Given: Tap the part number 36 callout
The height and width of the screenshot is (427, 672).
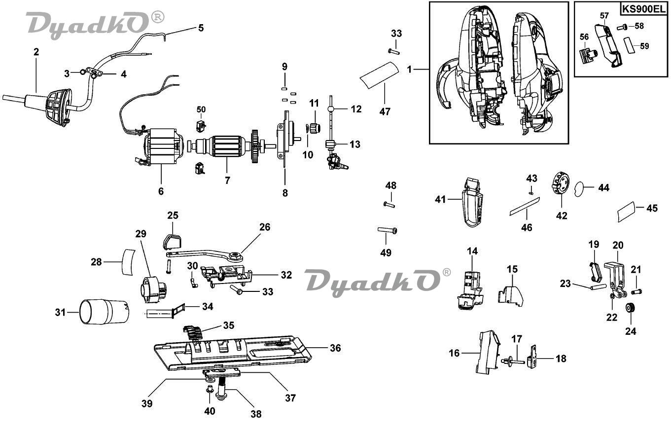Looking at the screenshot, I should tap(335, 348).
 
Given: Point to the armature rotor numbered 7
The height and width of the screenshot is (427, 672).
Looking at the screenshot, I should tap(224, 147).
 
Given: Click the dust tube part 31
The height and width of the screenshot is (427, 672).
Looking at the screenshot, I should tap(104, 313).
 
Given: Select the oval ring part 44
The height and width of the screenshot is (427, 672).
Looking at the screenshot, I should tap(580, 188).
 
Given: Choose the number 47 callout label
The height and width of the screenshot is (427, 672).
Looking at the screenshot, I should tap(385, 112).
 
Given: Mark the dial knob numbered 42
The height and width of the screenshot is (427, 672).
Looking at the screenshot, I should tap(561, 183).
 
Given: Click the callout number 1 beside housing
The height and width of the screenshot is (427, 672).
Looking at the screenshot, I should tap(409, 70).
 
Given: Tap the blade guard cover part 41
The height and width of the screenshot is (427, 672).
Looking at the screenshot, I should tap(472, 202).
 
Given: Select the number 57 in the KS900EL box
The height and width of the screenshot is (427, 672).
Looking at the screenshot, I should tap(604, 16).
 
